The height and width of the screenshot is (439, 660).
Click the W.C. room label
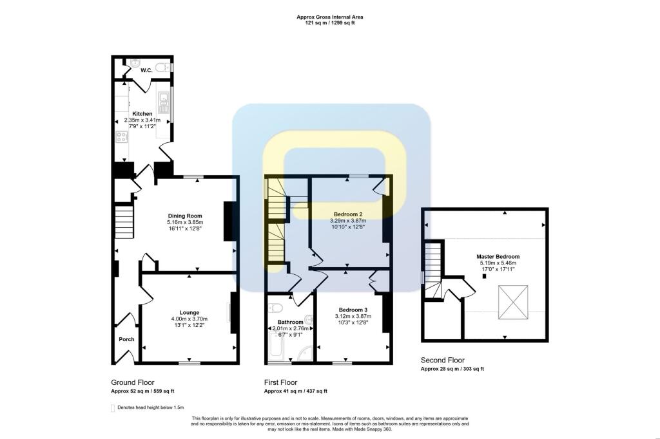point(146,70)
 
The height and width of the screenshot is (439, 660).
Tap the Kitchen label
point(142,114)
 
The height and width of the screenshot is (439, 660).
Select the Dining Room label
point(185,216)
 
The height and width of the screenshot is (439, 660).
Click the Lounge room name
point(189,313)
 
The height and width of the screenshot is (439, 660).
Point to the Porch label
point(126,339)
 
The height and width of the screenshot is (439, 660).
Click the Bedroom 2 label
point(348,214)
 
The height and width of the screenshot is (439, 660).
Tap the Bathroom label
point(291,322)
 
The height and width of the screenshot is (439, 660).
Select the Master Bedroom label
point(498,256)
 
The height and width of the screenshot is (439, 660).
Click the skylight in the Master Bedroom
point(513,303)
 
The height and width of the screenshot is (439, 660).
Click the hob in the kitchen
point(122,136)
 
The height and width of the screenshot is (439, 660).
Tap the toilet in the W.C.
point(162,67)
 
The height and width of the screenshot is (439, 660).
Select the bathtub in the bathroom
point(277,346)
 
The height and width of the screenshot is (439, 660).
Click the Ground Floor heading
point(133,382)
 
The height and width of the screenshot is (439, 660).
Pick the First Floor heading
point(281,382)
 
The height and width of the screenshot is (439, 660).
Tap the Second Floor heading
point(443,360)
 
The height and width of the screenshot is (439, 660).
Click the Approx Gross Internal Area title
point(330,17)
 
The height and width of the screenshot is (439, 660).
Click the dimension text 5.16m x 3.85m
point(185,222)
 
